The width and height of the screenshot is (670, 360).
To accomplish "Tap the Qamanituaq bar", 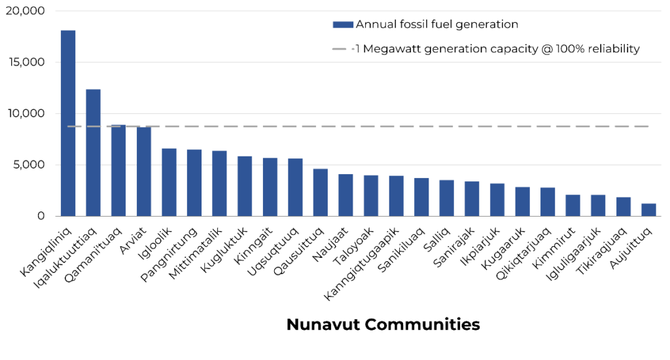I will click(x=118, y=170).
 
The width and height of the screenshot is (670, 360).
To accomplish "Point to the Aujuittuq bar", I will click(x=648, y=209).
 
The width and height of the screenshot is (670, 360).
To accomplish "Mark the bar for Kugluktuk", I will click(x=245, y=186).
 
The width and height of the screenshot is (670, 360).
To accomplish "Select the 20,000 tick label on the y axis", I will click(x=24, y=11).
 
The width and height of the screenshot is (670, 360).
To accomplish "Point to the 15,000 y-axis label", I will click(x=24, y=62).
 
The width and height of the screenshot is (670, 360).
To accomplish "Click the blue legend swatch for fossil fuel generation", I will click(x=343, y=25).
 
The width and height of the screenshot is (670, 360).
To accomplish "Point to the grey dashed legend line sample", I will click(x=343, y=48).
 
